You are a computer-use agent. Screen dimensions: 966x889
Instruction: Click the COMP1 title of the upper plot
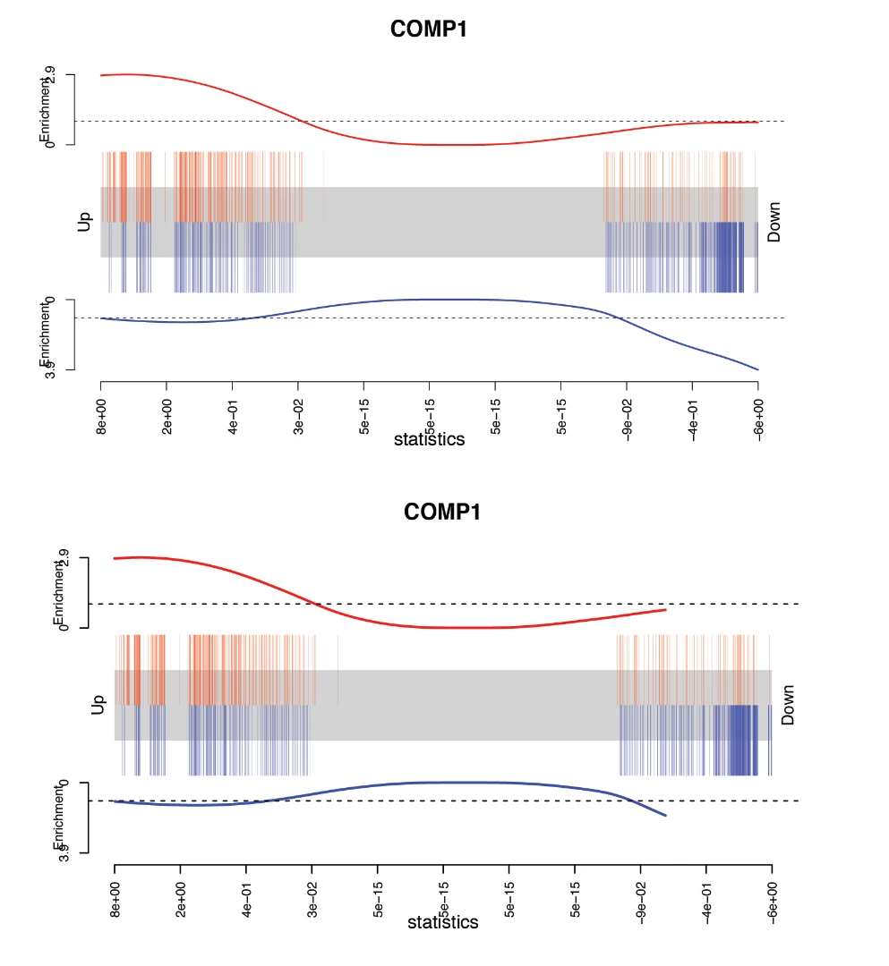[429, 29]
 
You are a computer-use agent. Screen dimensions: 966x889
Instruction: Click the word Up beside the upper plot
[85, 222]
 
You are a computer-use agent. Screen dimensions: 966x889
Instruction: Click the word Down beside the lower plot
[788, 705]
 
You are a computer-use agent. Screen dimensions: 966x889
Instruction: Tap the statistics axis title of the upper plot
[429, 439]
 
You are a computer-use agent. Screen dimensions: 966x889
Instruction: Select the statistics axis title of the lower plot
[443, 922]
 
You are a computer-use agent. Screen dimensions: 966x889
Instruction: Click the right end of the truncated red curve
[665, 610]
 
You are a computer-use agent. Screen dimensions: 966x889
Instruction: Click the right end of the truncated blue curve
[665, 816]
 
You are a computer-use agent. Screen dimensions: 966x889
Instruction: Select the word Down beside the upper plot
[774, 222]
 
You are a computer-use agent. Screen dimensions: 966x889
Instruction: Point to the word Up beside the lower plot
[98, 705]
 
